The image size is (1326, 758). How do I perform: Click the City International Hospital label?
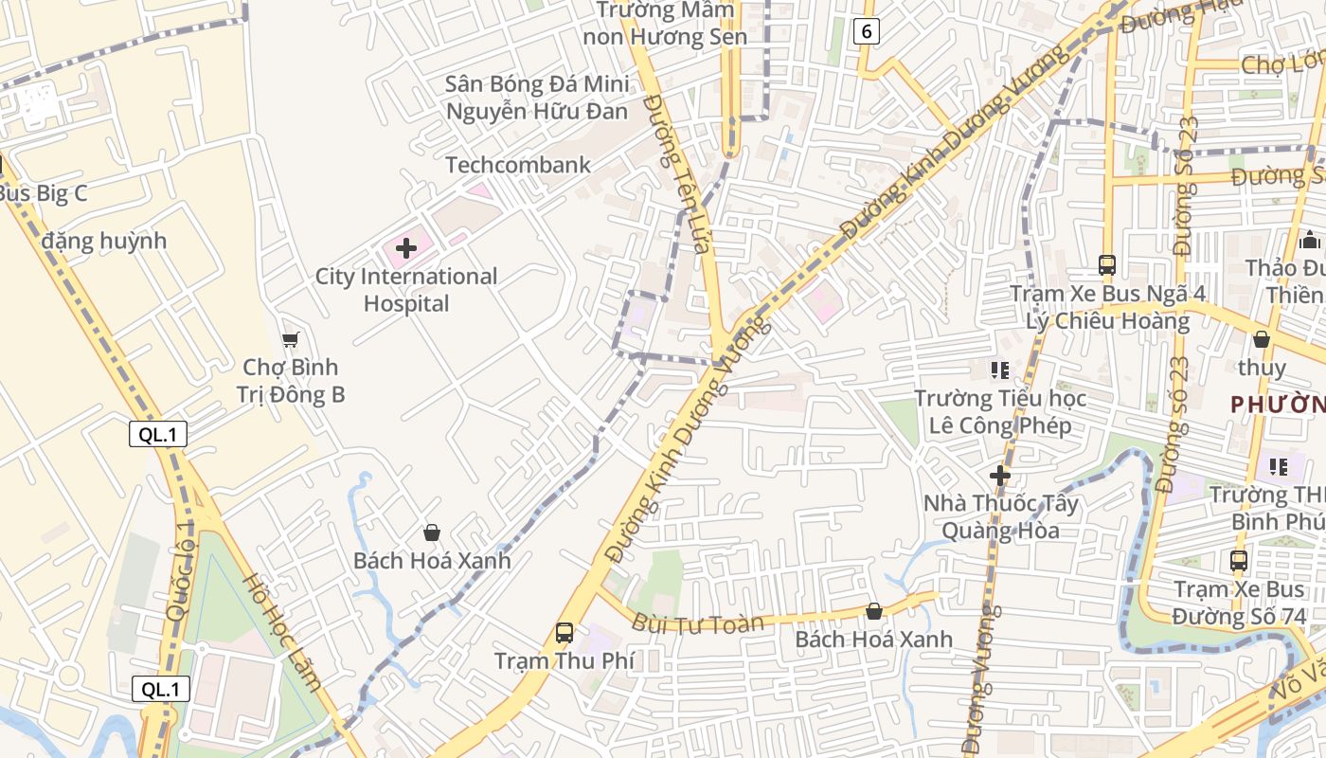point(406,290)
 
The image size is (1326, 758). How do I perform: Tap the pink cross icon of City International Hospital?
point(406,249)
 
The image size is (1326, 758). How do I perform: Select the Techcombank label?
point(518,165)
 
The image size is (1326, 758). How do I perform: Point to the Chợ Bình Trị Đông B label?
point(290,381)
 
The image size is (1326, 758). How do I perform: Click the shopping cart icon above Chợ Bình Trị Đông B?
point(291,339)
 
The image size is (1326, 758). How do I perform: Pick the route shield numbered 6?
point(866,31)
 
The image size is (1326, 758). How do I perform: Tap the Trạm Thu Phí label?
point(564,660)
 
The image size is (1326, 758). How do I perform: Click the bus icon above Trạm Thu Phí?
point(564,632)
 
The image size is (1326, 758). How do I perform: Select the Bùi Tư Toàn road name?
point(697,623)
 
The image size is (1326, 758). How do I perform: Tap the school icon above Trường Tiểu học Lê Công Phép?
point(1000,370)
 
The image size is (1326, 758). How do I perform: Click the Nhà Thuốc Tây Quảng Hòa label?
point(1001,516)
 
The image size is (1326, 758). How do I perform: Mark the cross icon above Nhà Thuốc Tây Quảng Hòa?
point(1000,475)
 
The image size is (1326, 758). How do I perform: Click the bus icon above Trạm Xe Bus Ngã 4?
point(1106,264)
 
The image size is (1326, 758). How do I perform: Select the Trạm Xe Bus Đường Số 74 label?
point(1239,604)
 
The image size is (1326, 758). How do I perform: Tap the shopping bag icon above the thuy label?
point(1262,339)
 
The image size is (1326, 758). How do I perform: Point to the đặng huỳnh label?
point(104,241)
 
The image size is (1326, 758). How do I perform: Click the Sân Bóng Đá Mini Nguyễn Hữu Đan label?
point(537,98)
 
